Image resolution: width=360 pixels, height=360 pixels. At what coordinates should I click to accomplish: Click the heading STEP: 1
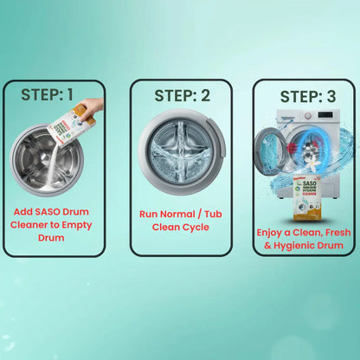54,93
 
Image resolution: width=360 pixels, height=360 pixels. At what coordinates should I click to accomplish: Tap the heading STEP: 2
181,94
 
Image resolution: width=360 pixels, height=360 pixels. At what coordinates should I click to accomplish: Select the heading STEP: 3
304,95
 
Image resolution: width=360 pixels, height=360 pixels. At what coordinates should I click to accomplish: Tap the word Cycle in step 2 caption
198,228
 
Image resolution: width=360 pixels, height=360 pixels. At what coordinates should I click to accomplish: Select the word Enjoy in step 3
274,233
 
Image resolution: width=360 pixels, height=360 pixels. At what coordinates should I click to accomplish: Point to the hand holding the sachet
93,108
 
